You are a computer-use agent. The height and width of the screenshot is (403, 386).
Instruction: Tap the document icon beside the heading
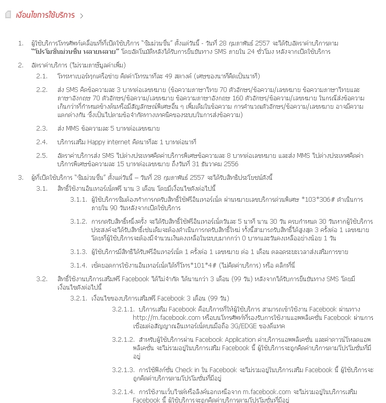7,15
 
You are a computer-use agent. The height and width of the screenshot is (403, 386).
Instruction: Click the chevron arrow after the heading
81,16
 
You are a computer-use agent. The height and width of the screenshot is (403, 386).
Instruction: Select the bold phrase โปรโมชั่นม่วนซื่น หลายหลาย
72,52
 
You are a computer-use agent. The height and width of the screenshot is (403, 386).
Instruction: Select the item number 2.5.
42,156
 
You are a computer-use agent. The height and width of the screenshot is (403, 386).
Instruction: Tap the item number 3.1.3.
78,252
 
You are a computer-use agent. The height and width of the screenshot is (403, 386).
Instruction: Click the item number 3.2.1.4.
123,392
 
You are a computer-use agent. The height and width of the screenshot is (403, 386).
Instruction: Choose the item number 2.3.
42,128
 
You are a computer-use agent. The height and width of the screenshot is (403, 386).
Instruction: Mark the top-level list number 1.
20,43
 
